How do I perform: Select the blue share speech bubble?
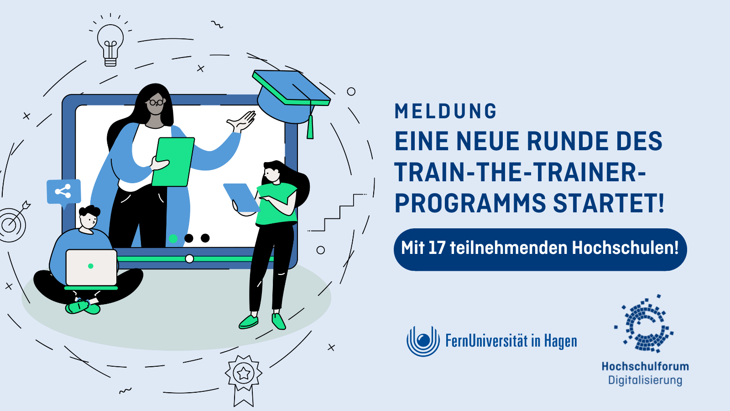[63, 191]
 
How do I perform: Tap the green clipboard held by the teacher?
[173, 162]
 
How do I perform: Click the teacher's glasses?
[156, 102]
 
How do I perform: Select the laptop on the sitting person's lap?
[91, 267]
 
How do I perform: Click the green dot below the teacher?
[173, 238]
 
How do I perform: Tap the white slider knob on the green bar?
[189, 259]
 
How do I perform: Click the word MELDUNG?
[445, 111]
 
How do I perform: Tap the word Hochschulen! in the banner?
[625, 248]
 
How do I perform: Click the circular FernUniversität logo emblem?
[423, 341]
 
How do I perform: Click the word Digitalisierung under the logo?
[645, 380]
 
